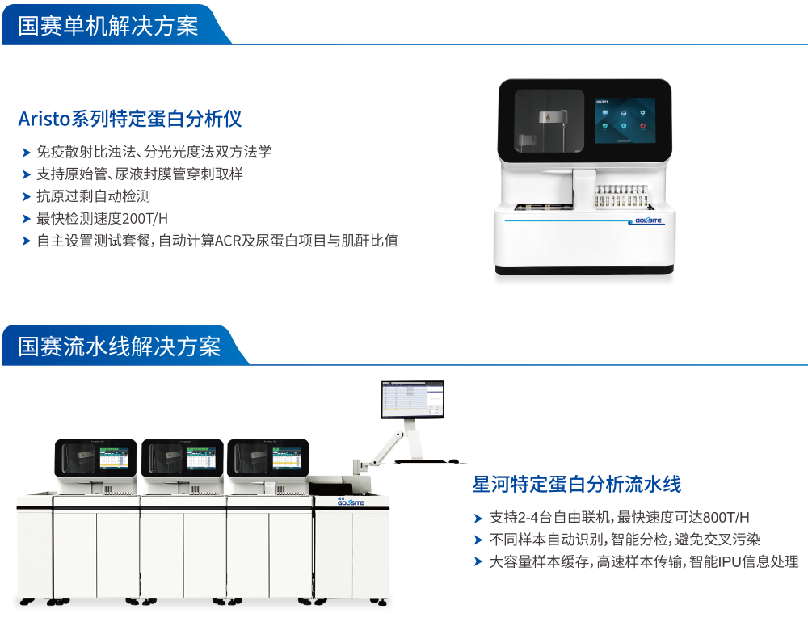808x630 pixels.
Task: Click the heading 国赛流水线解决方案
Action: [120, 346]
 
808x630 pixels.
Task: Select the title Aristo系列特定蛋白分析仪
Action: [130, 120]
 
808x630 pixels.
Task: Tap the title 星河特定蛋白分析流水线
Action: [577, 485]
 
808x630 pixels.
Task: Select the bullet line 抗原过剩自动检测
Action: [94, 196]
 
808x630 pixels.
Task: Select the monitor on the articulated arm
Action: [412, 399]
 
